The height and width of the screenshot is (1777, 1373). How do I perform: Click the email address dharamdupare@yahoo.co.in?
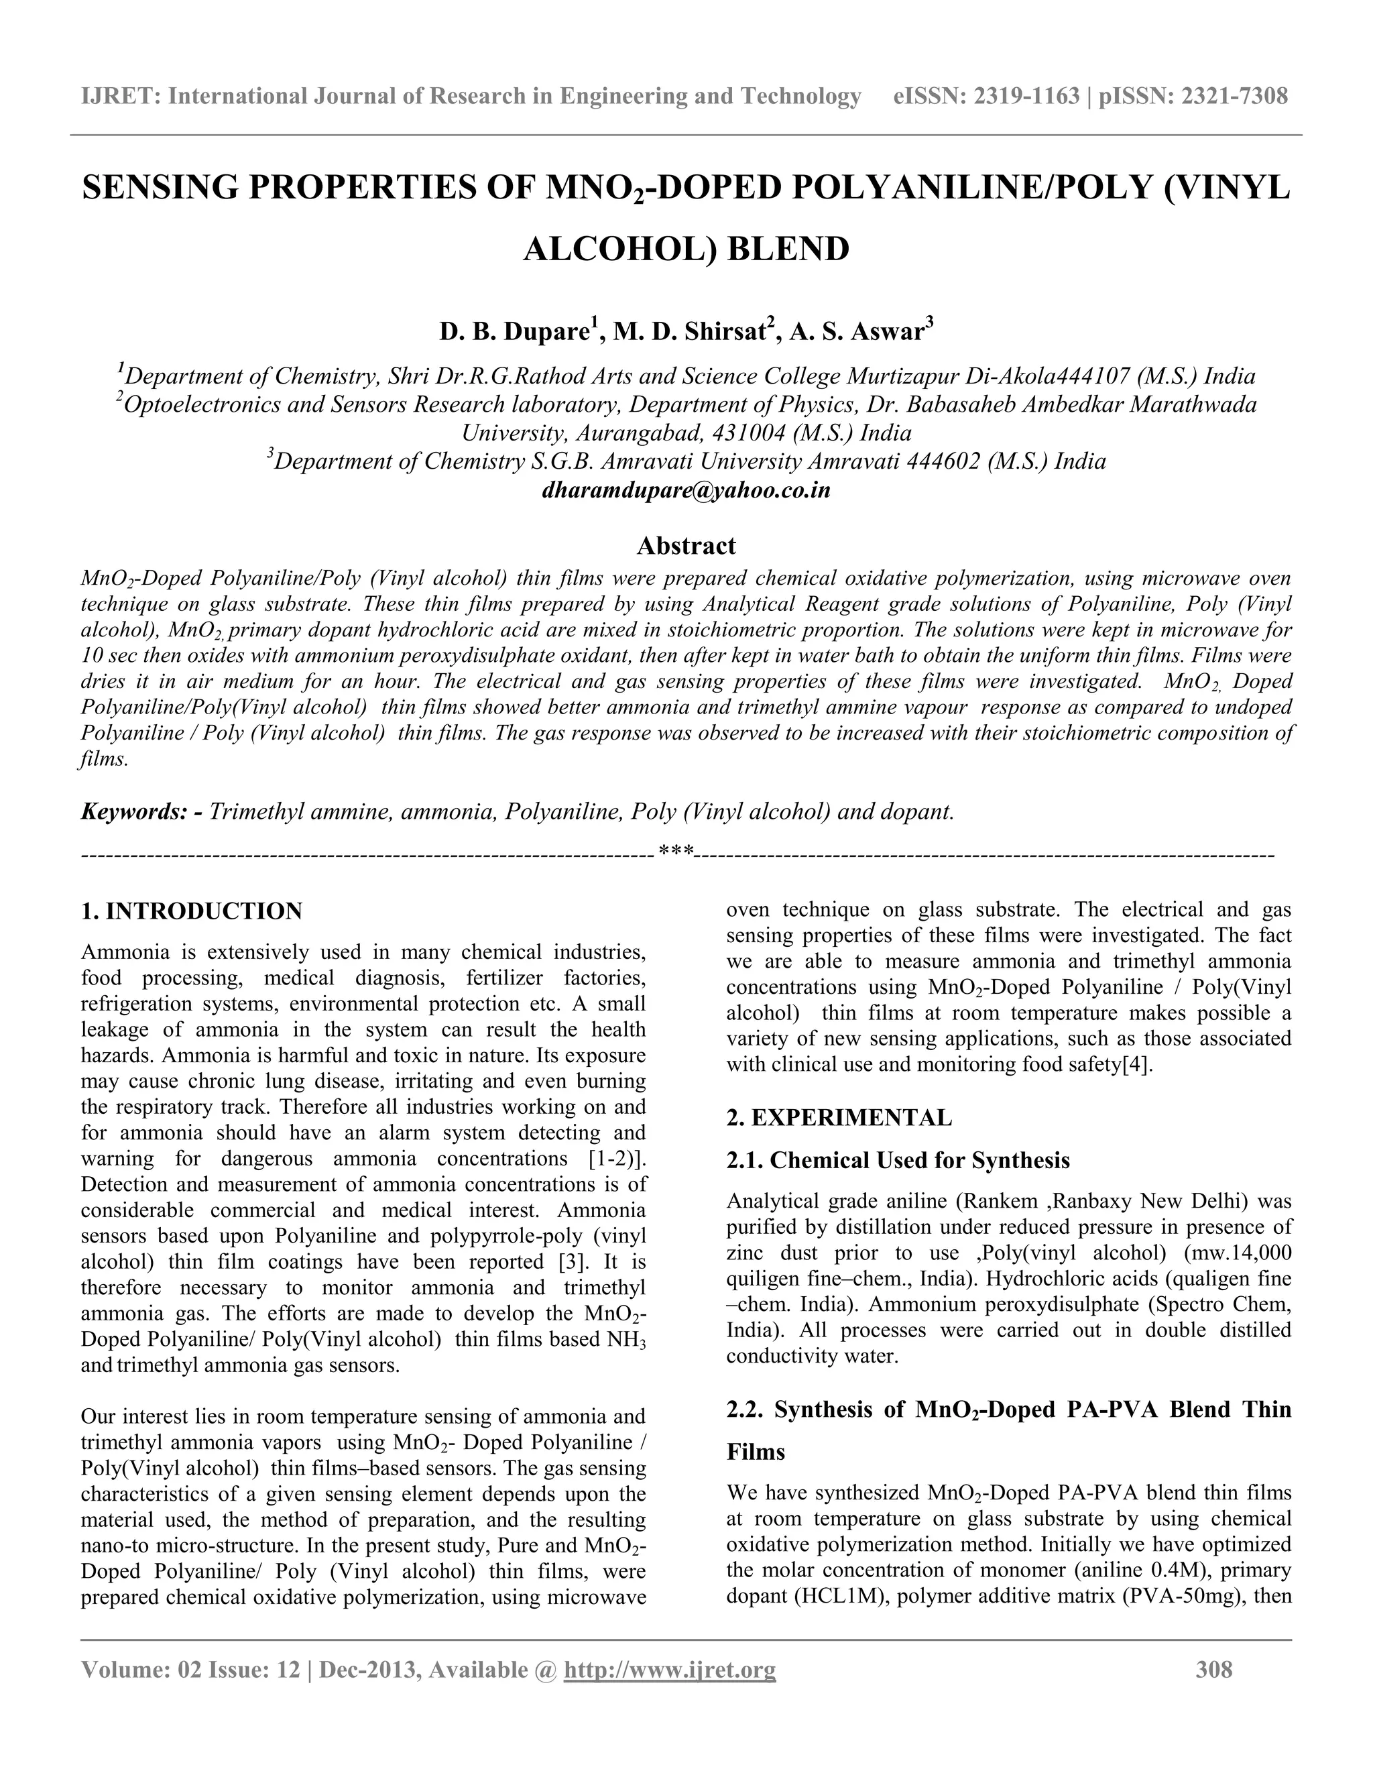coord(686,492)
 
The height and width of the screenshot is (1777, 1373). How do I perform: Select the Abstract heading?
coord(686,545)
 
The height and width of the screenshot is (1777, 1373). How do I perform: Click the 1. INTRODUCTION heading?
coord(192,911)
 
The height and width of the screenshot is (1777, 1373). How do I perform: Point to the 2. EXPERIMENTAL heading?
coord(839,1118)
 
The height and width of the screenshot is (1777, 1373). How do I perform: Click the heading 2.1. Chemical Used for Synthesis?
coord(898,1159)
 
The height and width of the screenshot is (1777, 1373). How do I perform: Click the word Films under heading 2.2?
coord(756,1452)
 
